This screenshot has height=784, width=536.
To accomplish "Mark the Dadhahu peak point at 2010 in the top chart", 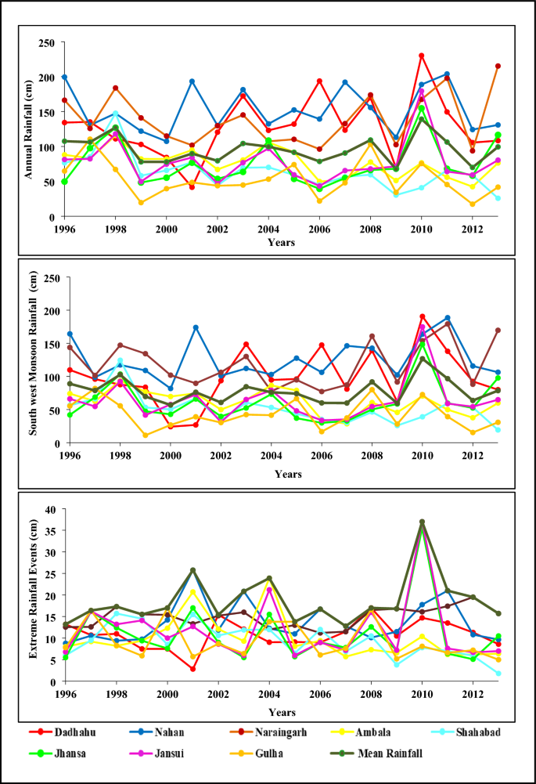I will pyautogui.click(x=422, y=56).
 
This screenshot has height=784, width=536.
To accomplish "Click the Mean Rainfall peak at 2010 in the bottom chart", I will pyautogui.click(x=422, y=522).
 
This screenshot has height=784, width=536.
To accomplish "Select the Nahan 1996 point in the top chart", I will pyautogui.click(x=64, y=77).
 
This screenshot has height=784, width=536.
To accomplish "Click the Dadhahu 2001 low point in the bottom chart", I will pyautogui.click(x=193, y=669).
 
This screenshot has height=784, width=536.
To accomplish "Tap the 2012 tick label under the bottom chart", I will pyautogui.click(x=472, y=694).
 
